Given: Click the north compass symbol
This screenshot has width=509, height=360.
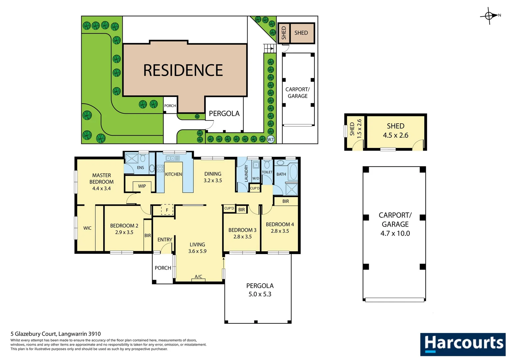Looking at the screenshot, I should [x=489, y=16].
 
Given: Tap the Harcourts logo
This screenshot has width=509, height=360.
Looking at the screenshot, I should [x=463, y=344].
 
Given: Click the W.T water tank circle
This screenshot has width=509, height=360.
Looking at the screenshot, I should [x=270, y=139].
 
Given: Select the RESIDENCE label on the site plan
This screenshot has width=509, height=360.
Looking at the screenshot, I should [x=183, y=70].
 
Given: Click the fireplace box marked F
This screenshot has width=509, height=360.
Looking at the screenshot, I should [x=167, y=210].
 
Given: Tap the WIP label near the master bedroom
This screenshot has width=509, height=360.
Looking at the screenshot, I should [x=142, y=186].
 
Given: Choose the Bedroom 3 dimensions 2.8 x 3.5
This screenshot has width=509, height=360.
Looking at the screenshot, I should [x=242, y=237].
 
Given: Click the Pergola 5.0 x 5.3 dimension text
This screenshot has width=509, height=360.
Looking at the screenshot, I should [x=260, y=294].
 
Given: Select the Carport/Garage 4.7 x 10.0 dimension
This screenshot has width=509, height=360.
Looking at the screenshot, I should [x=395, y=233].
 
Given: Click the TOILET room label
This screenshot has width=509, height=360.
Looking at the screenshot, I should [x=267, y=172].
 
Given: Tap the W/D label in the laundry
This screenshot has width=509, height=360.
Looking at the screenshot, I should [x=255, y=178].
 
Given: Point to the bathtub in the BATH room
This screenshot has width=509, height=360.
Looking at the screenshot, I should [x=293, y=172].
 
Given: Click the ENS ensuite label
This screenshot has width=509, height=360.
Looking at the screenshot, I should [x=141, y=168].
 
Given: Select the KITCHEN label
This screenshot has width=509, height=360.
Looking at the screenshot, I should [x=174, y=174].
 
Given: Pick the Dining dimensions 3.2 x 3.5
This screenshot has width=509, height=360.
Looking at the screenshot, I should [x=213, y=181].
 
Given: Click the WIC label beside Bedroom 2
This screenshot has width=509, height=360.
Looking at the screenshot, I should [x=87, y=228].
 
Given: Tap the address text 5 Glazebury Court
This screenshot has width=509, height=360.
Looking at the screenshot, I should [x=56, y=334].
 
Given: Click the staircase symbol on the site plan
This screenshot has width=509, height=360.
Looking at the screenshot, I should [x=269, y=49].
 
